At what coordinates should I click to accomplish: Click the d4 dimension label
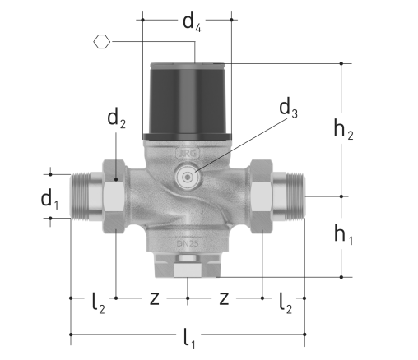click(x=192, y=23)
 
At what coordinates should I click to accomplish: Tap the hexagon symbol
click(x=102, y=42)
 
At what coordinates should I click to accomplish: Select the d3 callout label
click(x=288, y=108)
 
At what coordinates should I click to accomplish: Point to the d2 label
click(x=116, y=118)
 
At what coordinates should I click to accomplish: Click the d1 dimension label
click(x=49, y=200)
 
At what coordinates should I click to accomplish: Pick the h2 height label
click(x=343, y=130)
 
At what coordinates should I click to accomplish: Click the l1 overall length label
click(x=189, y=339)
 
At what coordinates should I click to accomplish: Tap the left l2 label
click(x=98, y=303)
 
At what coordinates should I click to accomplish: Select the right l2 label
click(x=286, y=303)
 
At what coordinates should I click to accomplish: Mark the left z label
click(x=155, y=298)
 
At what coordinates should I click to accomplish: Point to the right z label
click(x=224, y=298)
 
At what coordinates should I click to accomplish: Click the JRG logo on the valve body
click(x=188, y=154)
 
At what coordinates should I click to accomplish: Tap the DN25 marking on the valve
click(x=188, y=243)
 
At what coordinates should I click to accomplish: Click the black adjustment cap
click(x=188, y=102)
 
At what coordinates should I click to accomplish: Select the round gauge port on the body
click(x=188, y=178)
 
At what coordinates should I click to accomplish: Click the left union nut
click(x=114, y=196)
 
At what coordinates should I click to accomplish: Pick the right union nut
click(x=262, y=196)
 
